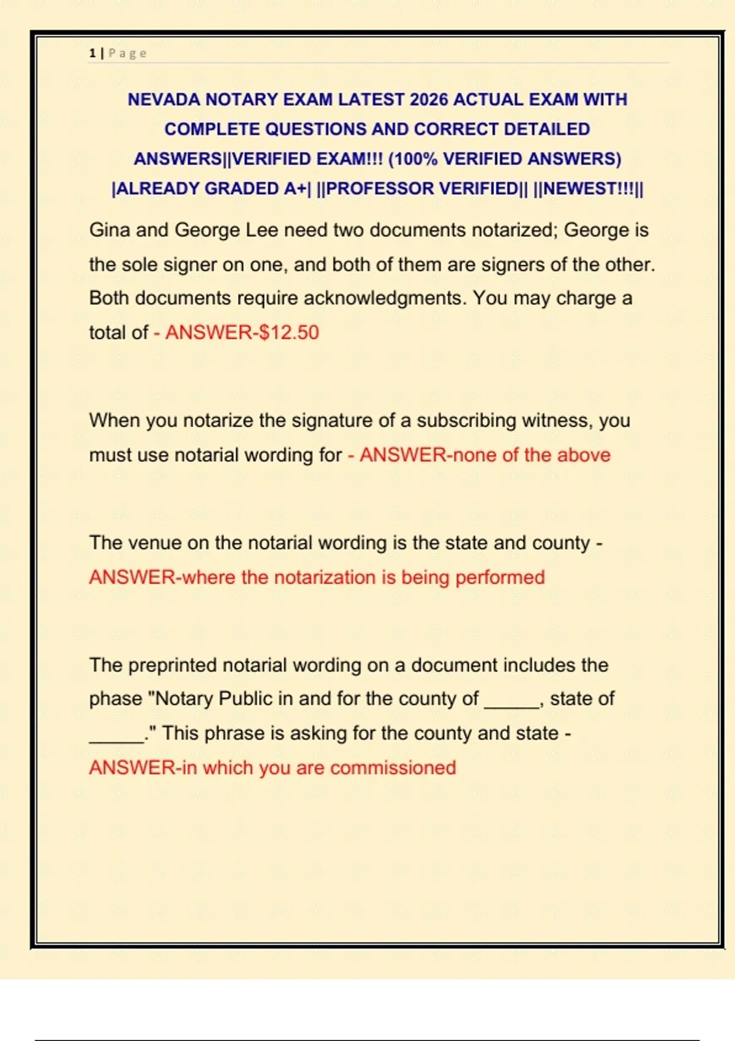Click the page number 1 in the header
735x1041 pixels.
coord(92,53)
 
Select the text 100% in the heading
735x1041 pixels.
coord(415,159)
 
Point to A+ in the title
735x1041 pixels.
coord(294,189)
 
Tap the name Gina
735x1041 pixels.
coord(110,230)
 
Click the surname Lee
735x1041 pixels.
coord(262,230)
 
